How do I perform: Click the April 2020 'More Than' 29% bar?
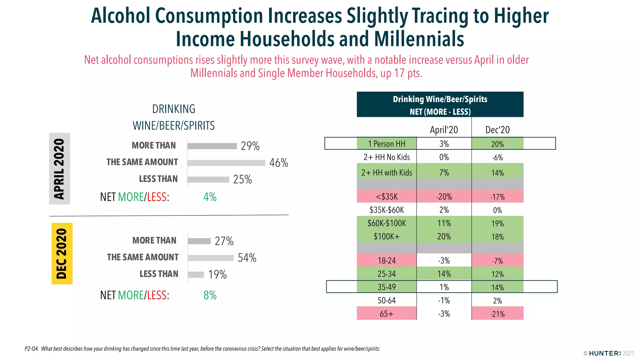click(212, 146)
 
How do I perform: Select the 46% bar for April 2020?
click(226, 163)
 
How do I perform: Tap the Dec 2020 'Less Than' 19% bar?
click(196, 275)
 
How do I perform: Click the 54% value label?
click(247, 258)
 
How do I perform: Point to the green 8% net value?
click(210, 295)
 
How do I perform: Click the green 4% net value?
click(210, 197)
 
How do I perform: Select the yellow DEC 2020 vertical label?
click(62, 253)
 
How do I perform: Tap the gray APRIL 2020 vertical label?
click(59, 169)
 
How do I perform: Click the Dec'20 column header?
click(497, 130)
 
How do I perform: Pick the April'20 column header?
click(444, 130)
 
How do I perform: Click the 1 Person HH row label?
click(387, 144)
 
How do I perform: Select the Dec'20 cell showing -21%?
click(497, 314)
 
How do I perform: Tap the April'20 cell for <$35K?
click(444, 197)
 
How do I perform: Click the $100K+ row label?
click(387, 237)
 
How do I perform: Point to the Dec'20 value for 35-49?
click(497, 287)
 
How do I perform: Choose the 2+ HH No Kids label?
click(387, 157)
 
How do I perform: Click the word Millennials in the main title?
click(419, 39)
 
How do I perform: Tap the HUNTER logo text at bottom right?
click(605, 353)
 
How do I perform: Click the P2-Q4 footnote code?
click(32, 349)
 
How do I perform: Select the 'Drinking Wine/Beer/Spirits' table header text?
click(440, 99)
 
